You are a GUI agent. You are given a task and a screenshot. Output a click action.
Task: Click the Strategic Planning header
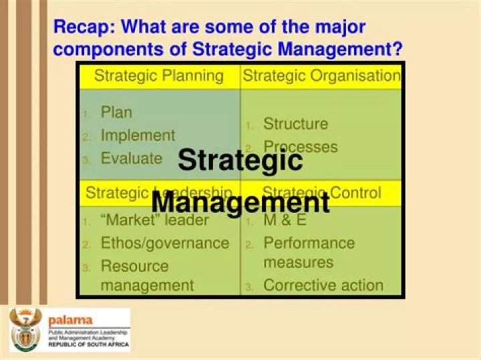click(158, 75)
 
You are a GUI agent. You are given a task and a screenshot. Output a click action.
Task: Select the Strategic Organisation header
click(321, 75)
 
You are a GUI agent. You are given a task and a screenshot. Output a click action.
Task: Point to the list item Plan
click(116, 112)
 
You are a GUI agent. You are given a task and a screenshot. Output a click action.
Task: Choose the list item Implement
click(138, 135)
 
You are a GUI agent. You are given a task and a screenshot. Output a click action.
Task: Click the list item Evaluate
click(131, 158)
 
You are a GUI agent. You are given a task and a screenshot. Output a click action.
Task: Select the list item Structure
click(295, 124)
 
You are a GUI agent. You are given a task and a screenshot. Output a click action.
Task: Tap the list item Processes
click(300, 146)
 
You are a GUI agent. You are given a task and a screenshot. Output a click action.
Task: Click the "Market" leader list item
click(154, 220)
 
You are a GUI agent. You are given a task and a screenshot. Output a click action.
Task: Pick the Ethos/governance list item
click(164, 242)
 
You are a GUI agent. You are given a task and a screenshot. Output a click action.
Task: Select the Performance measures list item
click(309, 252)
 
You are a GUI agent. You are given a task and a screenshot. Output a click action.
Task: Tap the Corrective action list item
click(323, 285)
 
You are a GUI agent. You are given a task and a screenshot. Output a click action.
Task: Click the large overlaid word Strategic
click(240, 160)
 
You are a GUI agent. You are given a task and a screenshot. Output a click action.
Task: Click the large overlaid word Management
click(240, 201)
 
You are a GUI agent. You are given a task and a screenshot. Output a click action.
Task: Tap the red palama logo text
click(70, 320)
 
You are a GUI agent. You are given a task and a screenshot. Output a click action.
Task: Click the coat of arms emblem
click(26, 330)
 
